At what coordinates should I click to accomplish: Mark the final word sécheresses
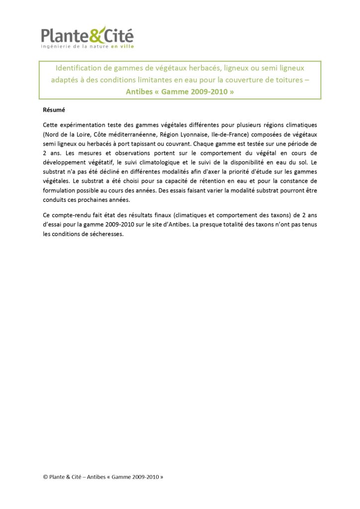[x=104, y=234]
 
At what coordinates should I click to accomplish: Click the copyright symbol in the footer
[x=46, y=477]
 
